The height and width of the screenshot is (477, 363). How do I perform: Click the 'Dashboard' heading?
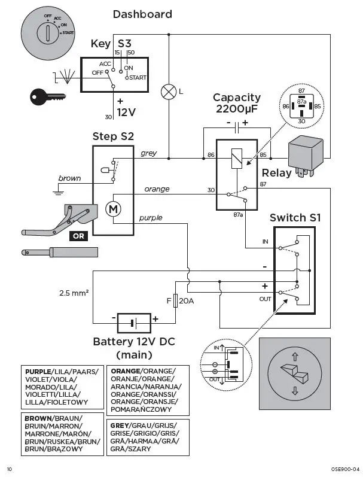[142, 14]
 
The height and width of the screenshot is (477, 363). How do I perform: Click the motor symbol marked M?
[112, 209]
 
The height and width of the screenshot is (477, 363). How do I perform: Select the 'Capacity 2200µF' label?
[237, 103]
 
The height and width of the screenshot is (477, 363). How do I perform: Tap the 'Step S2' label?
[113, 136]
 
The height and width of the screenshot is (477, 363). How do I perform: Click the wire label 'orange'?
[157, 189]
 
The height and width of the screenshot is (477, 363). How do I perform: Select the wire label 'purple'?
[151, 218]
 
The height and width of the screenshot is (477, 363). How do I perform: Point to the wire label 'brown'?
[69, 178]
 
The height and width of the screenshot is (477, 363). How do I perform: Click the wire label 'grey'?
[149, 153]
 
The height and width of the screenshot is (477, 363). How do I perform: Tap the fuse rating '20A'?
[187, 300]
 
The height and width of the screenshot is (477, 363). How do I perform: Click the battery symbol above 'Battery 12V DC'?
[135, 322]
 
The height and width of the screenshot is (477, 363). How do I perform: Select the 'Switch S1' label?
[295, 218]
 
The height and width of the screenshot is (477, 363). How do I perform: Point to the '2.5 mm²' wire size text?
[74, 293]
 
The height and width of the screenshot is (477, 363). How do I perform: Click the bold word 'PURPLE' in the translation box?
[38, 372]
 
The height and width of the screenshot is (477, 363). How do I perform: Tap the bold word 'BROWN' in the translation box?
[37, 418]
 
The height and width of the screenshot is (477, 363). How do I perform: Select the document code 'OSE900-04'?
[343, 469]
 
